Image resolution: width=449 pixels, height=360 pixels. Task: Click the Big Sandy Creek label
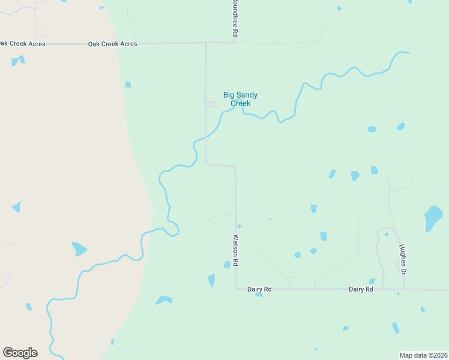pos(236,99)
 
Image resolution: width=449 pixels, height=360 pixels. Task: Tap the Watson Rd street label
pos(236,250)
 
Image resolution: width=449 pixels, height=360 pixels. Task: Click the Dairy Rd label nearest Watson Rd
pos(259,289)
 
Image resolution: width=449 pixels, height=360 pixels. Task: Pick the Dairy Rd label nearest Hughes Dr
pos(361,289)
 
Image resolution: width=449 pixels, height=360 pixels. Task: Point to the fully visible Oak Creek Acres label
pos(112,44)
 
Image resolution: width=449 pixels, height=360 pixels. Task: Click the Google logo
pos(20,353)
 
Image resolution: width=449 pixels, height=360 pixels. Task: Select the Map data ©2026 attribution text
pos(424,355)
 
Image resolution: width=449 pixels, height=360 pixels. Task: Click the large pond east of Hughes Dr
pos(433,217)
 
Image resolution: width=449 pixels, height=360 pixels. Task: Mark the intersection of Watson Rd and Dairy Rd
pos(235,289)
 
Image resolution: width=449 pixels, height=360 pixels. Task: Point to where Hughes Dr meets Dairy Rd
pos(404,289)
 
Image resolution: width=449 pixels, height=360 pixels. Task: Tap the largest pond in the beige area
pos(79,248)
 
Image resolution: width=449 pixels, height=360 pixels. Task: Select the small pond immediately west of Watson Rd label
pos(227,265)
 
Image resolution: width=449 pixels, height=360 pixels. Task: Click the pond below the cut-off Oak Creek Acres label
pos(17,61)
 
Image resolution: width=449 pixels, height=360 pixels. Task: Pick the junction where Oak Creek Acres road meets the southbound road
pos(206,43)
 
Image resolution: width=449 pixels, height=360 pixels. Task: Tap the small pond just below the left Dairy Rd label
pos(259,295)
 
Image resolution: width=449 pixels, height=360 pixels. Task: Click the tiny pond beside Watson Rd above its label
pos(240,226)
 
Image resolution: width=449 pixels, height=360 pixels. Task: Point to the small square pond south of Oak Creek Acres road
pos(128,85)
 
